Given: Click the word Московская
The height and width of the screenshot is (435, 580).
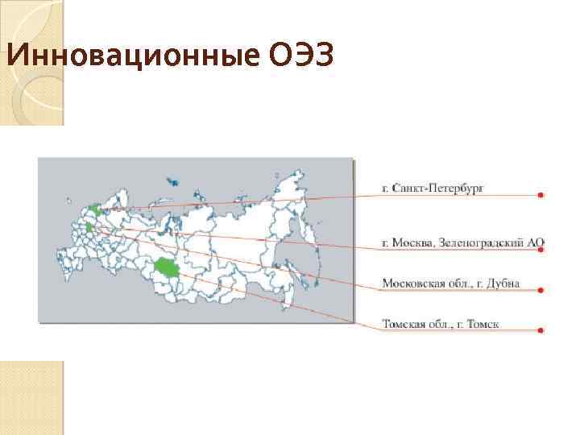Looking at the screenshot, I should point(412,284).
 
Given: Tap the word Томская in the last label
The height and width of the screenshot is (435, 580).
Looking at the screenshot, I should point(404,325).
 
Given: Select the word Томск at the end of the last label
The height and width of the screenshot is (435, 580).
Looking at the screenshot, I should point(482,325).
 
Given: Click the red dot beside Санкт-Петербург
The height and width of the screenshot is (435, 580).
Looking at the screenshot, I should point(540,194).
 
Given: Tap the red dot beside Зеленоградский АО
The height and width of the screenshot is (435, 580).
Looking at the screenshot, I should point(540,250).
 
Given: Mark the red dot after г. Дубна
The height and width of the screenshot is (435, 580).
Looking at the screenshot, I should point(540,290).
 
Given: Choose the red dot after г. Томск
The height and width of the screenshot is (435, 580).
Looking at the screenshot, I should point(540,330).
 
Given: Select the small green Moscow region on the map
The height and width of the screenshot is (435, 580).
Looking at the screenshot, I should point(89,229).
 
